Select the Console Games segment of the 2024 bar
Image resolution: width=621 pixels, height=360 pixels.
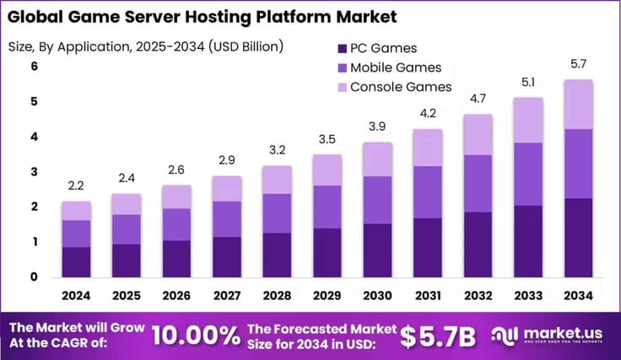pos(76,211)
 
